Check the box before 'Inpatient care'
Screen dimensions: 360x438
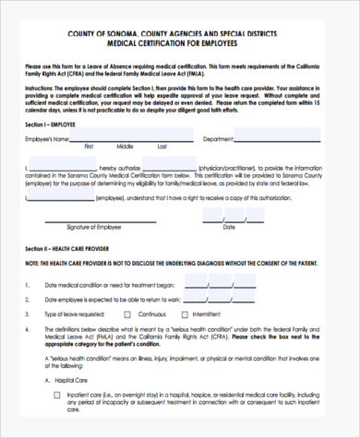(x=57, y=394)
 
